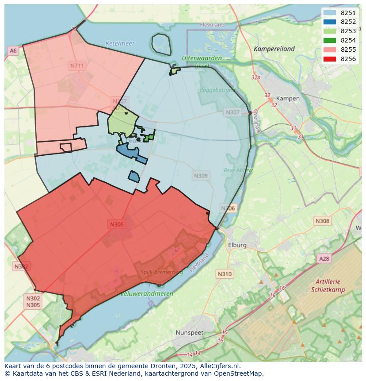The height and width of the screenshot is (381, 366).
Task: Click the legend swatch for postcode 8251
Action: point(329,13)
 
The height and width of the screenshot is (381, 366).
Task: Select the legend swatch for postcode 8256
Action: point(329,59)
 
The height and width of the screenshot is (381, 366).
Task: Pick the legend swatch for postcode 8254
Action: point(329,40)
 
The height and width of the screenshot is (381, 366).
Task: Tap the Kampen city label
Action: point(288,98)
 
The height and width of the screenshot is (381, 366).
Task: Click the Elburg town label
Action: point(237,245)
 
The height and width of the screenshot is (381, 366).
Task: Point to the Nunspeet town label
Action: point(189,332)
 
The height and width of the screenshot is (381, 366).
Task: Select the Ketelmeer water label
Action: point(120,43)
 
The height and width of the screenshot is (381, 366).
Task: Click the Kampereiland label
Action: point(274,49)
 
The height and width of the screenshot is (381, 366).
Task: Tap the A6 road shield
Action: point(13,51)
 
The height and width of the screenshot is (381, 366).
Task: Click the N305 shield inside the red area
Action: point(117,224)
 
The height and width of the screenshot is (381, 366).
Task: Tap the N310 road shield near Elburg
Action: point(225,274)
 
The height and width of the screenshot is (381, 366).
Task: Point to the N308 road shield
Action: point(322,221)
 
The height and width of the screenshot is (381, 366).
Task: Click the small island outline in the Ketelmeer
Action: point(161,44)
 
